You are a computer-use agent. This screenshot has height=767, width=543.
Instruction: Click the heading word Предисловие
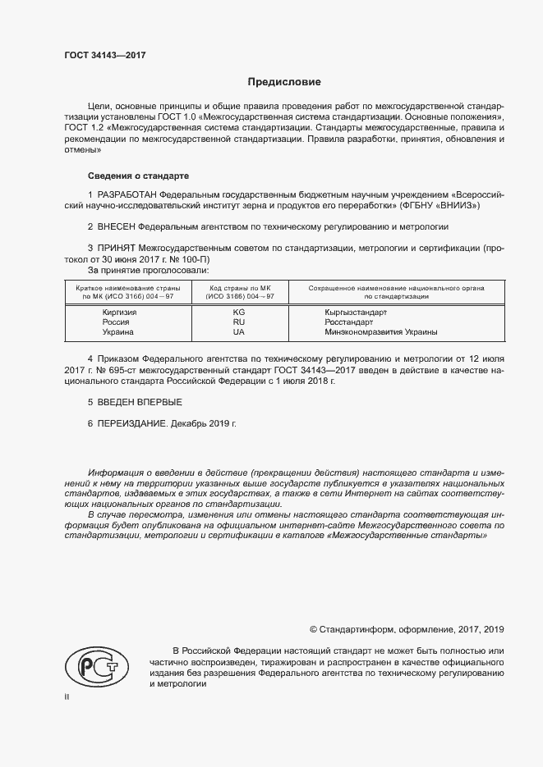pos(284,82)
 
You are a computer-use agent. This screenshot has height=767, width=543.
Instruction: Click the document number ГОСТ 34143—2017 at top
pos(105,56)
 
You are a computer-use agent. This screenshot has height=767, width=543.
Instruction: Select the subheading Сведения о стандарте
pos(138,176)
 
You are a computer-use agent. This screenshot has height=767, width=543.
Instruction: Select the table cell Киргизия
pos(119,313)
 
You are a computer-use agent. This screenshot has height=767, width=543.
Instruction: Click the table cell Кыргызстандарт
pos(356,313)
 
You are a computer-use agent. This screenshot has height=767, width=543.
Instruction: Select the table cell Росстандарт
pos(348,322)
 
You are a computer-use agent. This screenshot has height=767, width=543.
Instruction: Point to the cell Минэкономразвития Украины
pos(380,332)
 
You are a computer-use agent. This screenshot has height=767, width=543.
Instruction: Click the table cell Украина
pos(117,332)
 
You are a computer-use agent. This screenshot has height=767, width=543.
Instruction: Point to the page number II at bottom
pos(67,696)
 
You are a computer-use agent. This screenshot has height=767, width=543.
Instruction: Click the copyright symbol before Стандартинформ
pos(313,629)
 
